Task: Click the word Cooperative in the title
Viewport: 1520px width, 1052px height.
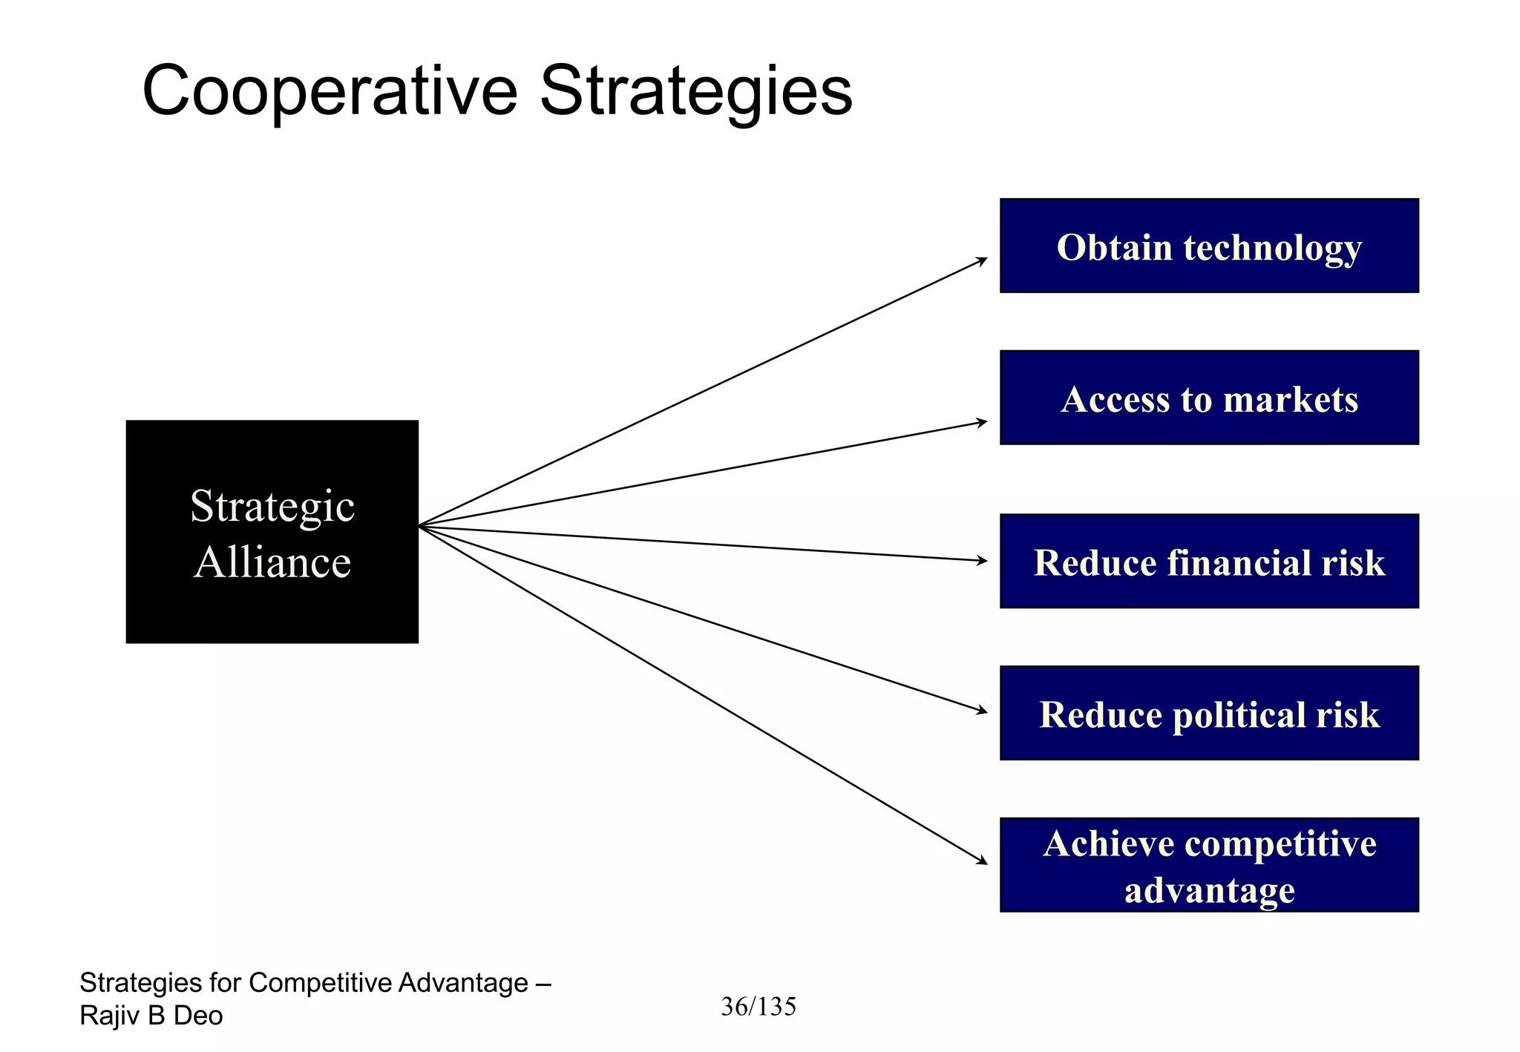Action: (329, 91)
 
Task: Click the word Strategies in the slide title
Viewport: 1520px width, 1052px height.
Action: (695, 91)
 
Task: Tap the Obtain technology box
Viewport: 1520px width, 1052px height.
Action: (1208, 246)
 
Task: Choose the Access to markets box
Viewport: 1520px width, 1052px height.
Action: (1208, 398)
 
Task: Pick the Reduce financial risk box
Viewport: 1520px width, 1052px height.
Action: (1208, 561)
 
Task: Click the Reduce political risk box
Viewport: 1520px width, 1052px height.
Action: (1208, 713)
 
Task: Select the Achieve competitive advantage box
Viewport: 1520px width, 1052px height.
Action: (1208, 865)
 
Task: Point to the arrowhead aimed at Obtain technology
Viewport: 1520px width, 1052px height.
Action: (982, 260)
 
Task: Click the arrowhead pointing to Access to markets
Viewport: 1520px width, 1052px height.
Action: (982, 422)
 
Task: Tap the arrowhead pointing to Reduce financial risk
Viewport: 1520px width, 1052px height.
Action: (982, 561)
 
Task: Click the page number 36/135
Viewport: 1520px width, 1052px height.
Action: (758, 1007)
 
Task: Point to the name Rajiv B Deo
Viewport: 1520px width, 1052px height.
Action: (151, 1016)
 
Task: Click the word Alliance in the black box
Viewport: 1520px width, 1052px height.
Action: (272, 562)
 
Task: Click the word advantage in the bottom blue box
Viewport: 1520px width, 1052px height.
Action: (1208, 890)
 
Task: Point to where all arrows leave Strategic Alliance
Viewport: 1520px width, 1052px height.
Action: (420, 526)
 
